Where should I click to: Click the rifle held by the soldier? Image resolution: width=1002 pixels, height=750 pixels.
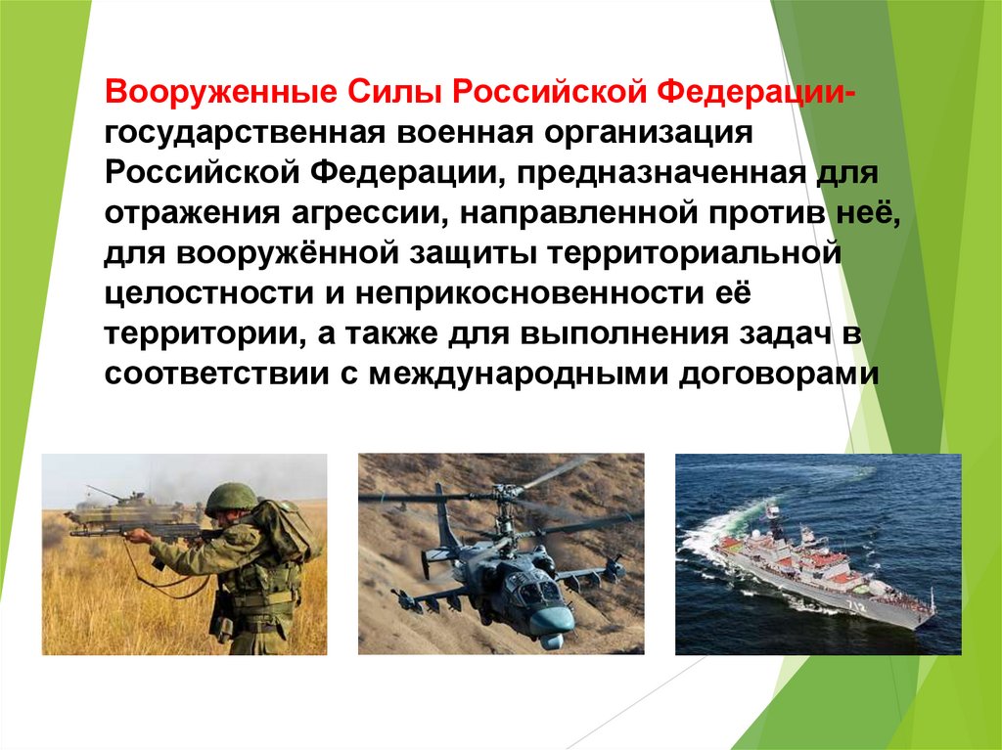tap(117, 533)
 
